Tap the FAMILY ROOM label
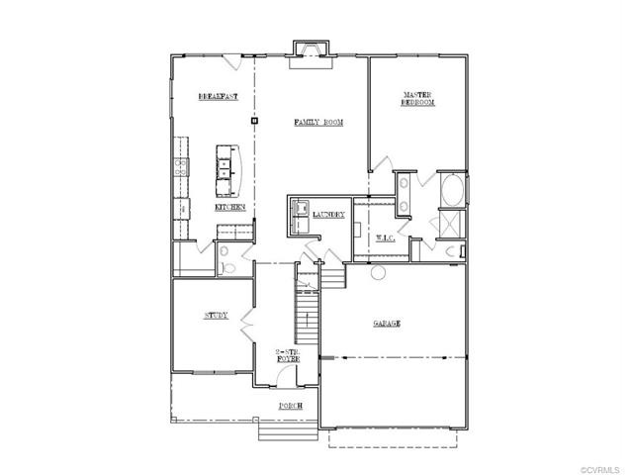[x=318, y=122]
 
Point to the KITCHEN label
[x=229, y=208]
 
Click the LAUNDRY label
[x=328, y=214]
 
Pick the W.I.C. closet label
[x=386, y=237]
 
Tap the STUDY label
[x=216, y=316]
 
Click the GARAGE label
[x=386, y=325]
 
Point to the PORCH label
[x=289, y=407]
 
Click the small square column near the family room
[x=254, y=121]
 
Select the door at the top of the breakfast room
[x=230, y=62]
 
